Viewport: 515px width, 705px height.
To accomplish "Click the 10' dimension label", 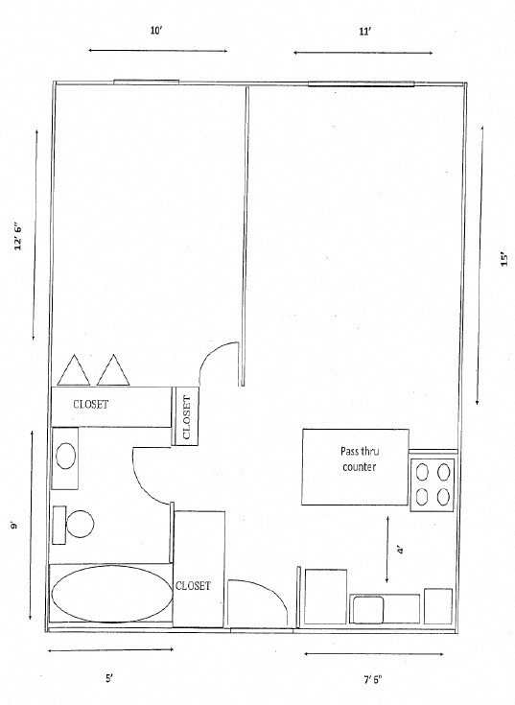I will pyautogui.click(x=156, y=31).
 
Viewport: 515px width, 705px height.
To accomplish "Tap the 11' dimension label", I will pyautogui.click(x=364, y=32).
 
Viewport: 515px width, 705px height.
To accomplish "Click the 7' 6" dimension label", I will pyautogui.click(x=372, y=680).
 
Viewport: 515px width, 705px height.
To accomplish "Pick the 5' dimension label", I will pyautogui.click(x=108, y=678).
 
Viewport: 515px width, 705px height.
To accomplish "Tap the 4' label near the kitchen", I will pyautogui.click(x=400, y=550).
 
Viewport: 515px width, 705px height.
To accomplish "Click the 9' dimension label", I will pyautogui.click(x=14, y=526).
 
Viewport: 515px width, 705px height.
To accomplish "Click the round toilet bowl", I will pyautogui.click(x=79, y=523).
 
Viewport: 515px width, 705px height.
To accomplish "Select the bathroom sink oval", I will pyautogui.click(x=67, y=454).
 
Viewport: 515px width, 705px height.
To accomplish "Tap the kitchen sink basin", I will pyautogui.click(x=368, y=608).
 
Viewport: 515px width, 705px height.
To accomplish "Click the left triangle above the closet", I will pyautogui.click(x=74, y=368).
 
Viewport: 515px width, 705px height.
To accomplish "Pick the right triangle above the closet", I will pyautogui.click(x=114, y=368).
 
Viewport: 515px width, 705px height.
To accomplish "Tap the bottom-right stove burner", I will pyautogui.click(x=443, y=496).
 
